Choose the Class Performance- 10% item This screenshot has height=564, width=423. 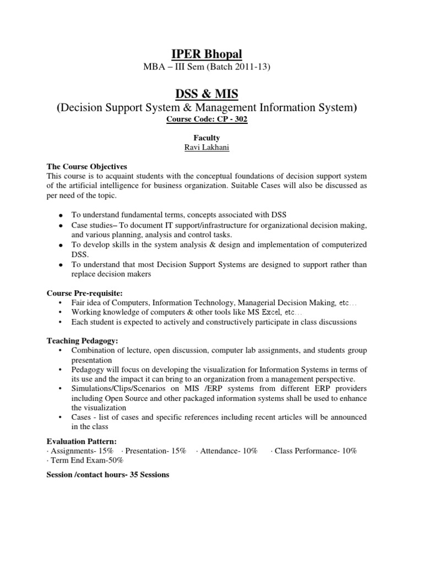[x=314, y=451]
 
